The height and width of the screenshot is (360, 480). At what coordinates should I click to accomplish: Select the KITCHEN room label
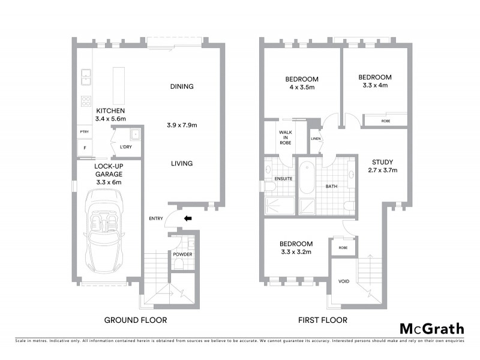[x=110, y=111]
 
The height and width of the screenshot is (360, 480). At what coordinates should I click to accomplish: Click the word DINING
[x=182, y=86]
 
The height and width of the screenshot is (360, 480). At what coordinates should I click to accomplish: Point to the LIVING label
[x=181, y=163]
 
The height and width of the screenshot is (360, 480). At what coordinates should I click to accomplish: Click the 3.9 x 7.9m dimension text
[x=182, y=125]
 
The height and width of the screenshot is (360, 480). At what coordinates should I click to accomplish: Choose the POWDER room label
[x=182, y=254]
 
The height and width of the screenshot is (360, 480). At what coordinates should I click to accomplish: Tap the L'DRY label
[x=125, y=147]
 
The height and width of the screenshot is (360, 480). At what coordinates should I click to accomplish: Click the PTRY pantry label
[x=84, y=131]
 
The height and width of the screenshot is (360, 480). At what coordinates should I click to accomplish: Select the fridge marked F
[x=85, y=148]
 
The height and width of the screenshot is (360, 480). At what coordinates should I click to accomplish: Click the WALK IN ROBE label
[x=285, y=138]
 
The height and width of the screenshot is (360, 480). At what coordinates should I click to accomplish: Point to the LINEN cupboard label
[x=316, y=139]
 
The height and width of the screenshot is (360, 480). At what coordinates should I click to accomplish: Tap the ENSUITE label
[x=283, y=178]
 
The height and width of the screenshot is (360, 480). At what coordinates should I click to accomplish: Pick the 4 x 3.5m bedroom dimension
[x=301, y=88]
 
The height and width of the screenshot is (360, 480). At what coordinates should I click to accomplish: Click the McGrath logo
[x=431, y=328]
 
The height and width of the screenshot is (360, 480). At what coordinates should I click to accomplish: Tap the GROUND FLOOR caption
[x=136, y=320]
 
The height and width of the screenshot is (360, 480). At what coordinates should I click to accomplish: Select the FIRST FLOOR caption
[x=322, y=320]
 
